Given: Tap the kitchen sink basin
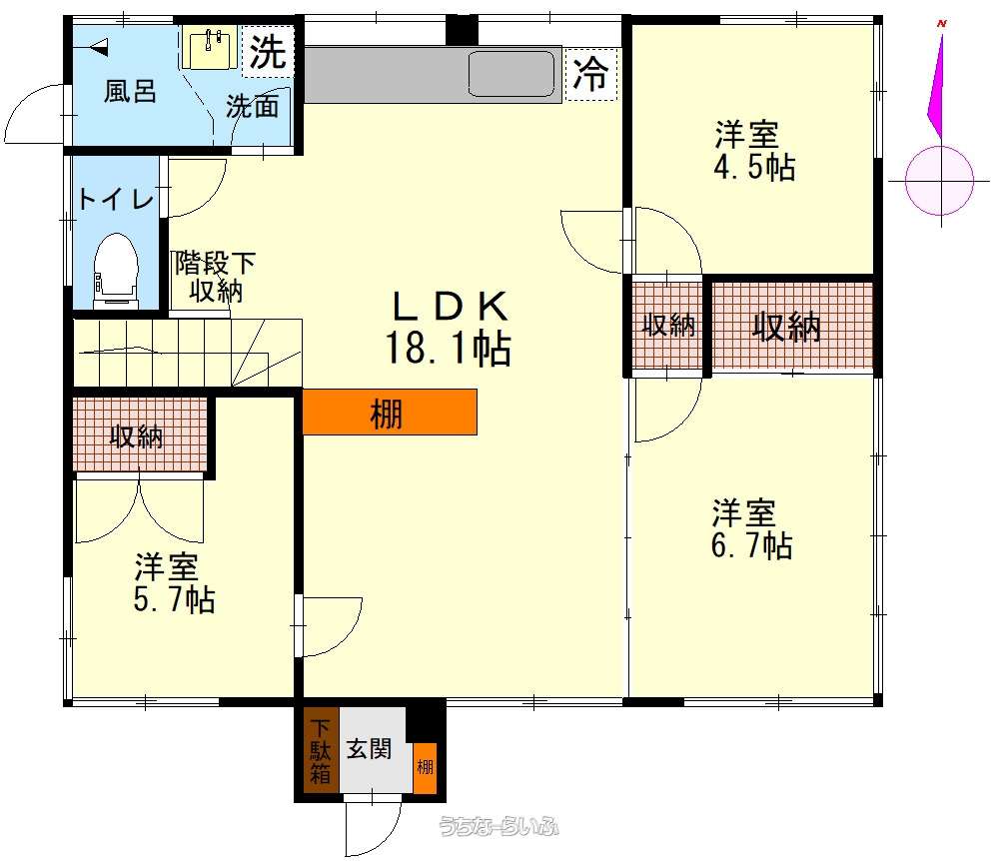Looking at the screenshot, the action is point(511,74).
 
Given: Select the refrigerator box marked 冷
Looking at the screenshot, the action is point(591,74).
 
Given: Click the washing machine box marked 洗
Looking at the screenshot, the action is point(268,52).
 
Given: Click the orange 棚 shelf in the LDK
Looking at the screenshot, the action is point(390,413).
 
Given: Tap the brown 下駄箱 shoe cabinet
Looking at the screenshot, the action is point(321,750).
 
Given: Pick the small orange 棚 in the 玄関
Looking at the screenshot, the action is point(425,767).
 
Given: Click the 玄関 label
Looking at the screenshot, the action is point(369,749).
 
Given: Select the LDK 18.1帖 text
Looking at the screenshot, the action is point(449,327).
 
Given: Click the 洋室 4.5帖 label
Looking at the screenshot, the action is point(754,150).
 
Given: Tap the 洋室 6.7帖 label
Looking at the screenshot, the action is point(751,529).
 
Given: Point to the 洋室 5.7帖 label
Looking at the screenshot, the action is point(174,583).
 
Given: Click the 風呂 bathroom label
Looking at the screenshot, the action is point(130,91).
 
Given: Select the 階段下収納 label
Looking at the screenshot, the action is point(216,277).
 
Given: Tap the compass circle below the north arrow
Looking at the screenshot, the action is point(939,181).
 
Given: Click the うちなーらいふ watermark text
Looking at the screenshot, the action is point(498,826).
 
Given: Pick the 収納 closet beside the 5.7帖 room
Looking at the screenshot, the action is point(140,434).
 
